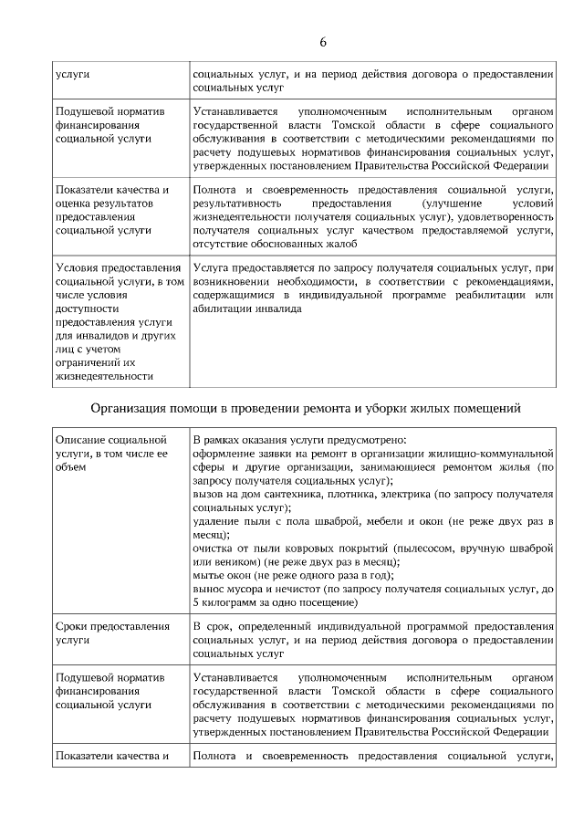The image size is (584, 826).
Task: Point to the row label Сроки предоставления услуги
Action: [111, 633]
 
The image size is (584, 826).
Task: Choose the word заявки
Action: [271, 453]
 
